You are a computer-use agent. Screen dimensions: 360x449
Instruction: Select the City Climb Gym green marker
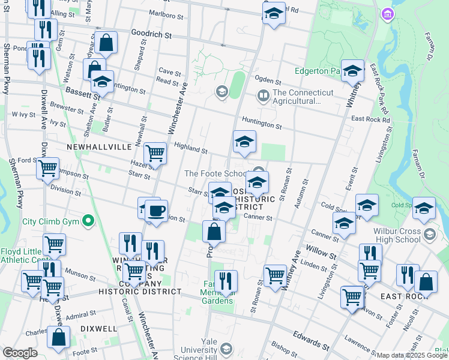[89, 221]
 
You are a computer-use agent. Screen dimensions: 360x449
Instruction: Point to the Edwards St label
[310, 340]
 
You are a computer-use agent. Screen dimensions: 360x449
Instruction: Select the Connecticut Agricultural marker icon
[263, 95]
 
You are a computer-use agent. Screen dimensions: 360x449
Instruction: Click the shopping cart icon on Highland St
[155, 153]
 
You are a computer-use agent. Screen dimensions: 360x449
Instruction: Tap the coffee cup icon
[156, 211]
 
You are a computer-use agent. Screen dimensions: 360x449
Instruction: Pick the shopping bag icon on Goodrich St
[106, 43]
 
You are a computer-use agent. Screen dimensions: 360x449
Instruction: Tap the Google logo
[20, 353]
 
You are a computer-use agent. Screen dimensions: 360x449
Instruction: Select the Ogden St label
[268, 80]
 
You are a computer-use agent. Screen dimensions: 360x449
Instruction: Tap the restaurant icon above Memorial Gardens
[226, 281]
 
